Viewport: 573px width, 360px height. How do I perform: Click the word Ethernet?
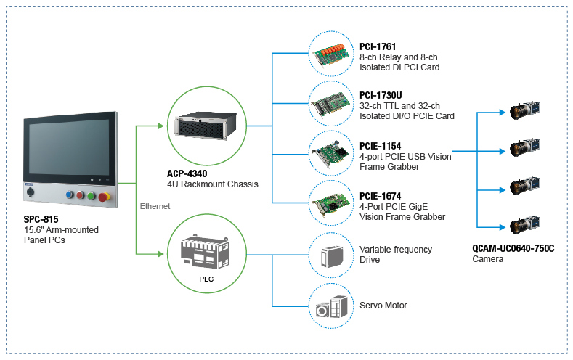pos(155,206)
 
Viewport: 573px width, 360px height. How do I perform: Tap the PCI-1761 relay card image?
pos(336,55)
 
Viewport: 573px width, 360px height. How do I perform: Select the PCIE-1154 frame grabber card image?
pos(336,156)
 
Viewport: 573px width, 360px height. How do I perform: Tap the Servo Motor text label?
pos(383,306)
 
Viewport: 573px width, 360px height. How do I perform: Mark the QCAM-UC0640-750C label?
pos(513,247)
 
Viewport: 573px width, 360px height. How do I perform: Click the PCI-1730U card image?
pos(336,106)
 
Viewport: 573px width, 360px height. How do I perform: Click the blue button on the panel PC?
pos(70,195)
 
